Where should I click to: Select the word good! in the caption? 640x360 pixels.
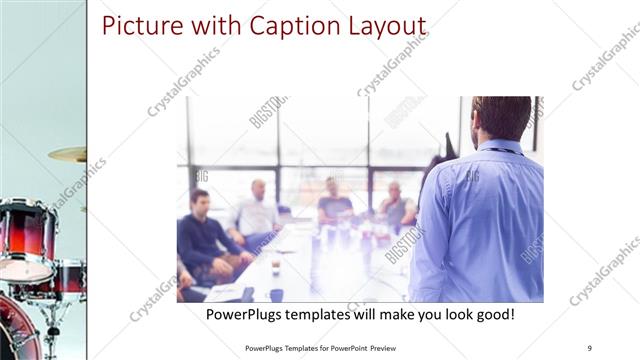[492, 314]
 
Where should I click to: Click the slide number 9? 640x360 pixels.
[589, 349]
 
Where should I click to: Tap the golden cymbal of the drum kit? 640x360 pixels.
[68, 154]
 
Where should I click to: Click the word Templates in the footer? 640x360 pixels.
[301, 349]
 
